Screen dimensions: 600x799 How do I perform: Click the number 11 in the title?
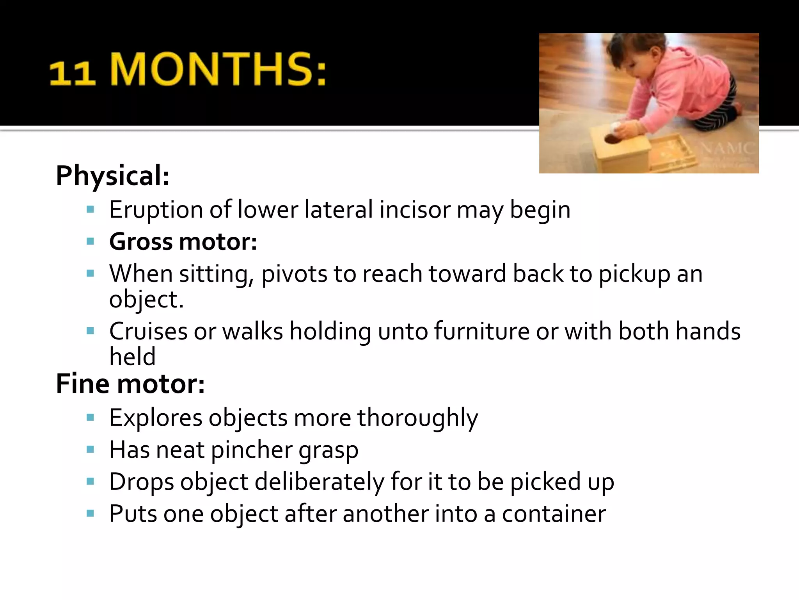point(72,73)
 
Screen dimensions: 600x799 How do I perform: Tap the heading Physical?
point(112,175)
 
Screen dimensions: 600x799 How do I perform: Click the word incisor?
point(415,210)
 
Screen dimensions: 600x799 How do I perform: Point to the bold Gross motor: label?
point(183,241)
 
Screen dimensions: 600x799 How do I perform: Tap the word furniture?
point(482,331)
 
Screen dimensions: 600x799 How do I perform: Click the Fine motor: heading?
point(130,384)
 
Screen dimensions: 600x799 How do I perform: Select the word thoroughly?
point(418,418)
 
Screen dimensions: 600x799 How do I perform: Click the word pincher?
point(252,450)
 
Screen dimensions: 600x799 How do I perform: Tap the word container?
point(554,514)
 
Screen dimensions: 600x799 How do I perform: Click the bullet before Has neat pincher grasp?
point(91,450)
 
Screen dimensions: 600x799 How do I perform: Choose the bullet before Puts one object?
point(91,513)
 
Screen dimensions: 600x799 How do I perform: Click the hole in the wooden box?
point(612,138)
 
